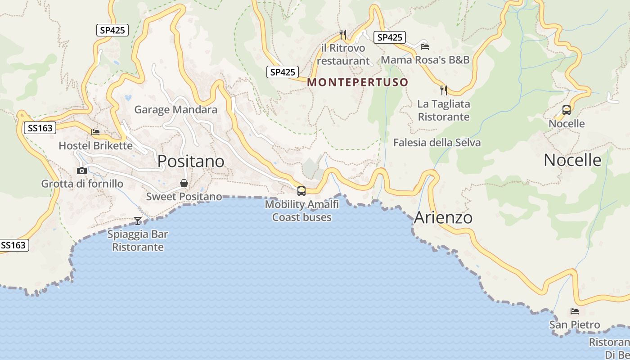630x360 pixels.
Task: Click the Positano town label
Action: pyautogui.click(x=191, y=161)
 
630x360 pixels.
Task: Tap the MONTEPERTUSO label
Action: pyautogui.click(x=358, y=82)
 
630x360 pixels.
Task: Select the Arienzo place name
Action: pyautogui.click(x=443, y=217)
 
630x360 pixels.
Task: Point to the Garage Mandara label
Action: pyautogui.click(x=175, y=109)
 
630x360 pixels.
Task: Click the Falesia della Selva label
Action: pyautogui.click(x=436, y=143)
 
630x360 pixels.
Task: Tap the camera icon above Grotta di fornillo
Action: pyautogui.click(x=82, y=171)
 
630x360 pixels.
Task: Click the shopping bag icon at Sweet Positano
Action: pyautogui.click(x=184, y=183)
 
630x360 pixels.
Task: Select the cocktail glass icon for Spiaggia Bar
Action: pyautogui.click(x=138, y=220)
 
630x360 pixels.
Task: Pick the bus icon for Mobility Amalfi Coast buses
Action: pyautogui.click(x=301, y=191)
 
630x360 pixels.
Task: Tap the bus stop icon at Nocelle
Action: pyautogui.click(x=567, y=110)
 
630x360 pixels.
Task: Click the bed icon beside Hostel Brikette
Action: pyautogui.click(x=95, y=132)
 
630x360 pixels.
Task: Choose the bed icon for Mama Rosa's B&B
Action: pyautogui.click(x=424, y=46)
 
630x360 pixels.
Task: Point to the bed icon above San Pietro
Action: pyautogui.click(x=574, y=311)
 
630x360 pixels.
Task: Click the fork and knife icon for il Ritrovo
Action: pyautogui.click(x=342, y=34)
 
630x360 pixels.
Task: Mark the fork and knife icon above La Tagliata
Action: pyautogui.click(x=444, y=90)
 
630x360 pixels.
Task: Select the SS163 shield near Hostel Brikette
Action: pyautogui.click(x=40, y=128)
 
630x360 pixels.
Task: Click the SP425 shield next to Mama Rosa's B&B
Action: pyautogui.click(x=390, y=37)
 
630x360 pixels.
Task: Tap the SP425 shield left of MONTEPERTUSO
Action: pyautogui.click(x=283, y=72)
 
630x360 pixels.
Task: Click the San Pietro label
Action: pyautogui.click(x=575, y=324)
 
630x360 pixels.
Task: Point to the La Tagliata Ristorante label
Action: pyautogui.click(x=444, y=110)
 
